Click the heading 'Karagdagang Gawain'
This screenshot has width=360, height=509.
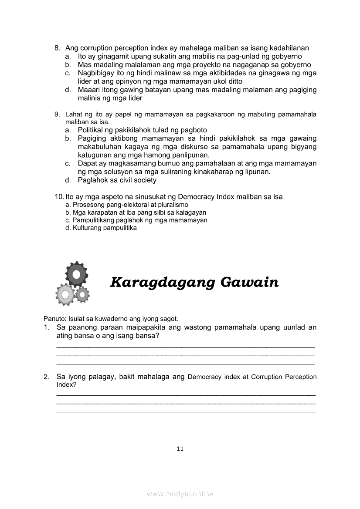(194, 282)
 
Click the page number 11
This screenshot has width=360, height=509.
(180, 449)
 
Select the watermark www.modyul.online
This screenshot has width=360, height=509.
(180, 494)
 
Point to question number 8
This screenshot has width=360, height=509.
(57, 48)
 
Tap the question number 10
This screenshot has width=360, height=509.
(59, 197)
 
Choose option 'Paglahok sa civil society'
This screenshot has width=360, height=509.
(117, 180)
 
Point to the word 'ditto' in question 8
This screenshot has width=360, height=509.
(235, 81)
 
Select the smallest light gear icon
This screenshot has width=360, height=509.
(82, 295)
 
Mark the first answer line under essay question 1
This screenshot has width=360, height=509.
(186, 346)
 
